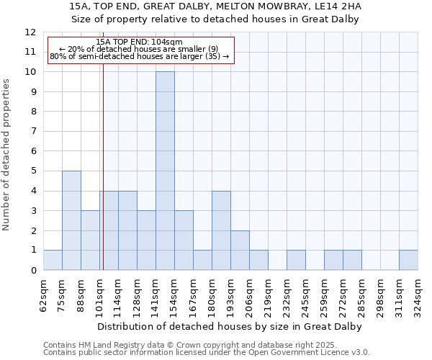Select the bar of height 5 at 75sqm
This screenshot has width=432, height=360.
(x=71, y=220)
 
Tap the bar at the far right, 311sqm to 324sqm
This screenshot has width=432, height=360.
(x=408, y=260)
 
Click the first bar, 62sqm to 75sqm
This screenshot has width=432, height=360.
(x=53, y=260)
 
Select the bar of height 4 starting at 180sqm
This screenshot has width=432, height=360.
(x=221, y=230)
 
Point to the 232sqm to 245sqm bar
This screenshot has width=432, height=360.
(x=296, y=260)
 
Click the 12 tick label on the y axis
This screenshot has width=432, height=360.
(x=31, y=32)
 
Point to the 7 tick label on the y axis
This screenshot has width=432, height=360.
(x=33, y=132)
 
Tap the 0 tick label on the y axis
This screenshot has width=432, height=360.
(x=33, y=270)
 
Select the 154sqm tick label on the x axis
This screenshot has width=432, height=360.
(x=175, y=294)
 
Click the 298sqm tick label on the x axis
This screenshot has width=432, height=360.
(x=381, y=294)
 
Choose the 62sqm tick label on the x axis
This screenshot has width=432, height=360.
(x=44, y=294)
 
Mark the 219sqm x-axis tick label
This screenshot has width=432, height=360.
(x=269, y=294)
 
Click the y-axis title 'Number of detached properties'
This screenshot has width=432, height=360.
(x=7, y=155)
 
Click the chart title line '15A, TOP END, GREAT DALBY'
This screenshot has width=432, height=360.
(x=215, y=6)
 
